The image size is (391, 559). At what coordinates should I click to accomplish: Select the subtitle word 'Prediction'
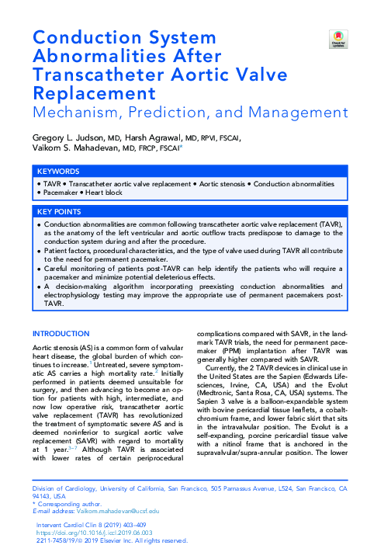coord(177,113)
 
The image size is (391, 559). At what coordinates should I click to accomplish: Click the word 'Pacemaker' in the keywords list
coord(61,191)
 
